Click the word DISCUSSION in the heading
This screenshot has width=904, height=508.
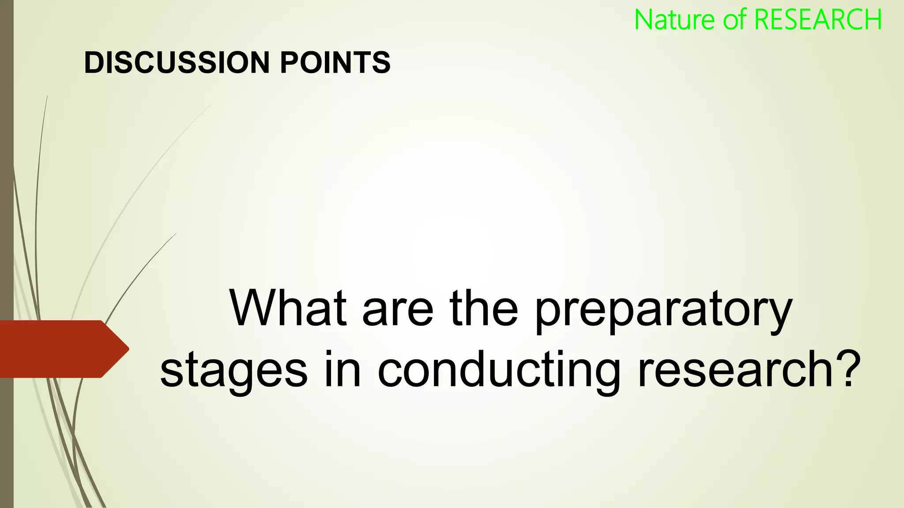[x=177, y=62]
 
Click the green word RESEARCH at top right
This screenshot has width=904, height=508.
[x=818, y=20]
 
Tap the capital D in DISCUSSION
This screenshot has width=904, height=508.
[x=95, y=62]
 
